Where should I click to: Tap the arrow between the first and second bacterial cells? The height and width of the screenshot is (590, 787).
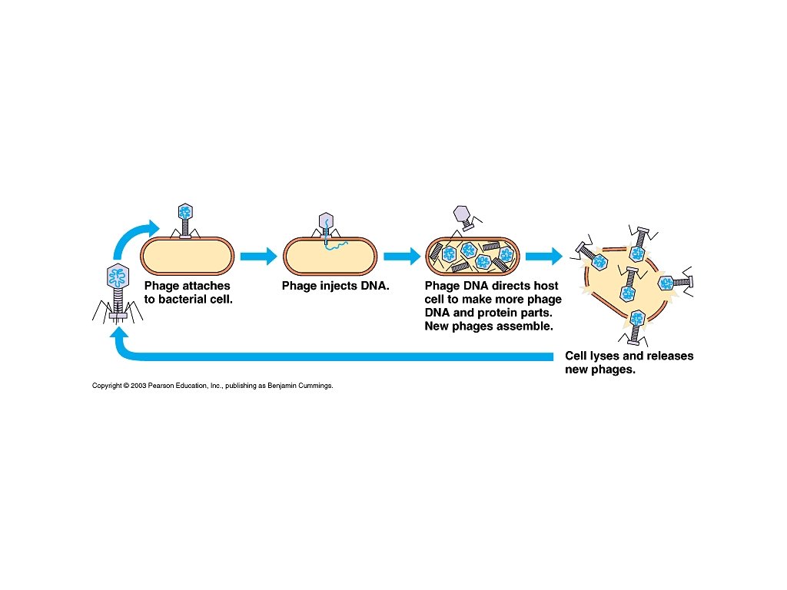tap(258, 257)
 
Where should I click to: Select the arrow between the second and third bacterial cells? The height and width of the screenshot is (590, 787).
tap(400, 257)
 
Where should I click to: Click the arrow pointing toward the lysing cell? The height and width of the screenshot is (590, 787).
tap(544, 257)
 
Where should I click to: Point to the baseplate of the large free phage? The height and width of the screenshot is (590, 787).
tap(119, 316)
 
